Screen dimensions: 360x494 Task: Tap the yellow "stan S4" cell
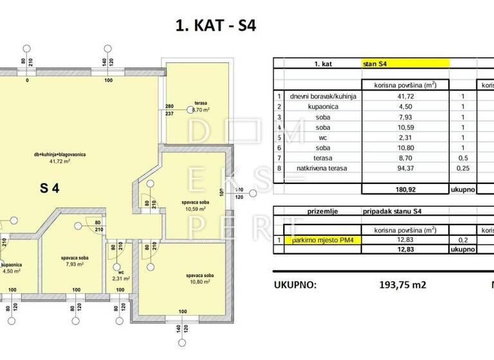point(405,64)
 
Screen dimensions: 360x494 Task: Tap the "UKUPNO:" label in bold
point(295,283)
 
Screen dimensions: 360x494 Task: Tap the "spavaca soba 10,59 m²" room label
point(193,206)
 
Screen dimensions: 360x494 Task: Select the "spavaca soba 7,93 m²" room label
point(70,259)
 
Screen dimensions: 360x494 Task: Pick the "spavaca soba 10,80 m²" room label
point(182,278)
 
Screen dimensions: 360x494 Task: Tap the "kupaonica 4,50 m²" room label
point(12,267)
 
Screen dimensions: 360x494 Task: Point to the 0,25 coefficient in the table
point(462,168)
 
